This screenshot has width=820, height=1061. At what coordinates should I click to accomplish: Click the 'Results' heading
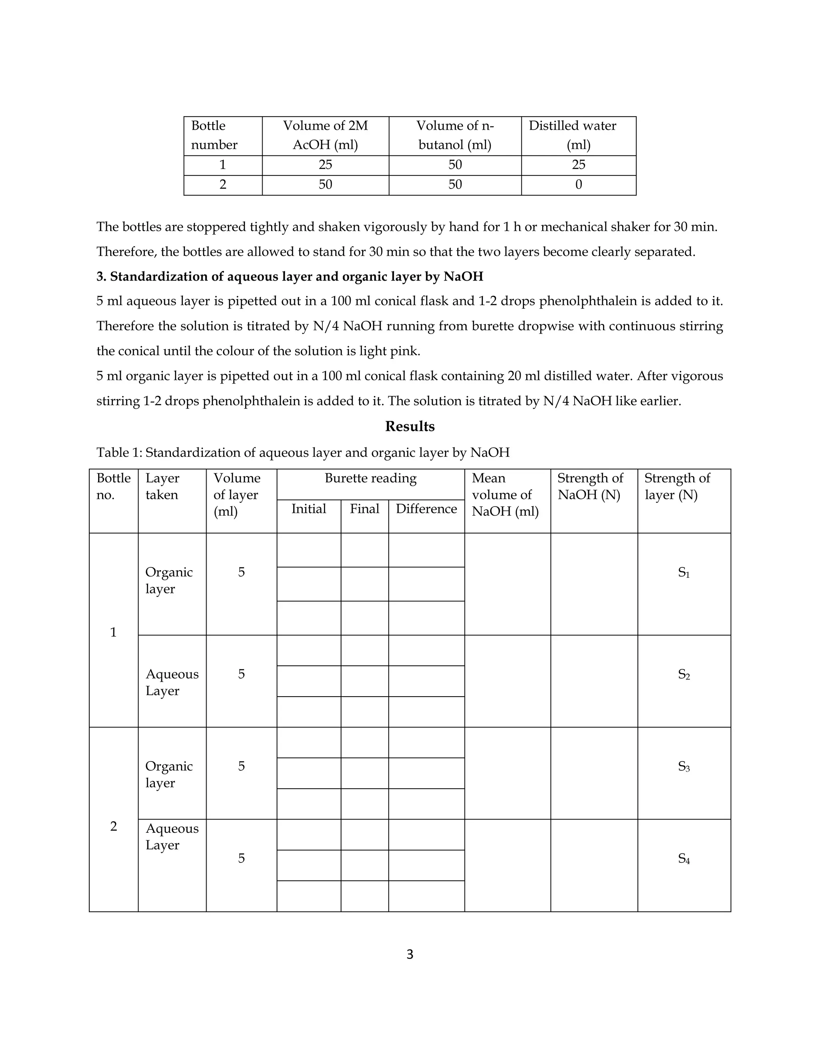[x=410, y=426]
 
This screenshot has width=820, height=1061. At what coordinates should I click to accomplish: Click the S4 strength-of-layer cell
[x=683, y=858]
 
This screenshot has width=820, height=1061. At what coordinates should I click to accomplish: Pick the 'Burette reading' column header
[x=370, y=478]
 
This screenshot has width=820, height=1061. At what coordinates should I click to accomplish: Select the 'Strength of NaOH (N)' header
[x=590, y=486]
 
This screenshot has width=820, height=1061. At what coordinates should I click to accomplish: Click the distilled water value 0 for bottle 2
[x=578, y=185]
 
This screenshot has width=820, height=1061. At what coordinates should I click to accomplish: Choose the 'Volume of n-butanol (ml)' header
[x=455, y=135]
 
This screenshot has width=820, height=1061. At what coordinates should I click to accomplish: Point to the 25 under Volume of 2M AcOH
[x=325, y=165]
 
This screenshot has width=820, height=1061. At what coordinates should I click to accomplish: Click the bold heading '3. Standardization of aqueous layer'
[x=289, y=276]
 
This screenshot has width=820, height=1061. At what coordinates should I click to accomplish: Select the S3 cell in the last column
[x=683, y=767]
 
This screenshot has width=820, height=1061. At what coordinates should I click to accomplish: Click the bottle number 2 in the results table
[x=113, y=826]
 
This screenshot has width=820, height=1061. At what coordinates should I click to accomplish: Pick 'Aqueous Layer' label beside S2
[x=172, y=682]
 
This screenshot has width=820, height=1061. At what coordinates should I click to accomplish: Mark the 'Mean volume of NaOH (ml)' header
[x=505, y=494]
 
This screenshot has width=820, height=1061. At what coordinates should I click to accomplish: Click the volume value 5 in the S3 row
[x=241, y=766]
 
